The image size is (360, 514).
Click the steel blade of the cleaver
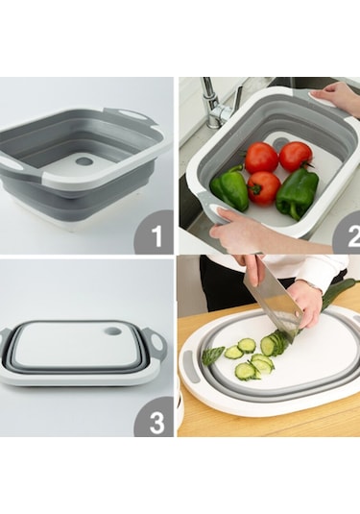click(x=272, y=304)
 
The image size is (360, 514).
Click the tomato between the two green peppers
click(x=264, y=188)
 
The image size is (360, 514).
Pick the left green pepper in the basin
click(x=229, y=188)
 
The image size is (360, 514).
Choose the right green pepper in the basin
click(x=297, y=193)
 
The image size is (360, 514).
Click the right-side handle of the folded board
click(x=158, y=340)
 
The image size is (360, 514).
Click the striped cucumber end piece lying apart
click(x=213, y=355)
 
